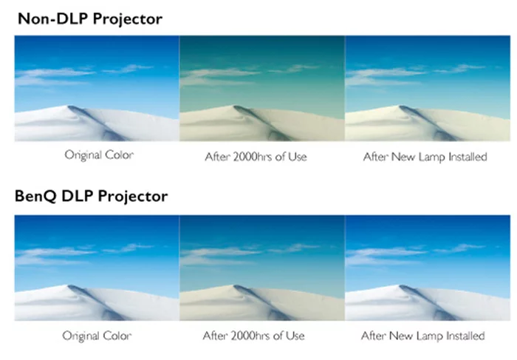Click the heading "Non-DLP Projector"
[90, 18]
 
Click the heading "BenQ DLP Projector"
[91, 197]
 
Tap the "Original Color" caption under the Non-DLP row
[99, 155]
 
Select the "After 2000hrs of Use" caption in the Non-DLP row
[256, 157]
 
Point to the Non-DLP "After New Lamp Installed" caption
[425, 157]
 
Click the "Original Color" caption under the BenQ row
[97, 336]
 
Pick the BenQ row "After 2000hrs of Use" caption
[253, 336]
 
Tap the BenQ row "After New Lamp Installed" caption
[422, 336]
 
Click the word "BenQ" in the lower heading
[35, 197]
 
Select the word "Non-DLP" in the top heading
[53, 18]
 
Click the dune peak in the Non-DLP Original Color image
[69, 106]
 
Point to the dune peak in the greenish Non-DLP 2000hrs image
[235, 106]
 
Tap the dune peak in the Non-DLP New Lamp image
[400, 106]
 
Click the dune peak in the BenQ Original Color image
[69, 286]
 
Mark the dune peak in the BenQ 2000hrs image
[235, 286]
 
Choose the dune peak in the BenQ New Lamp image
[400, 286]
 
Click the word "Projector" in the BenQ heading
[133, 197]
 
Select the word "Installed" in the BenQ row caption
[465, 336]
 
